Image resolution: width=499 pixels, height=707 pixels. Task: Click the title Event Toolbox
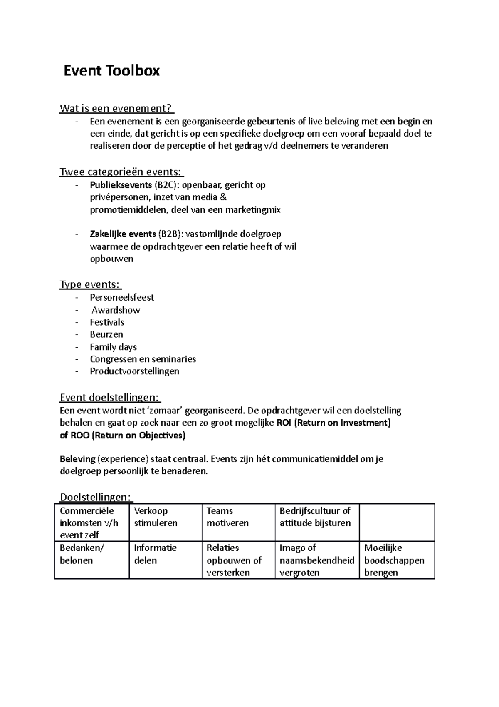[x=111, y=71]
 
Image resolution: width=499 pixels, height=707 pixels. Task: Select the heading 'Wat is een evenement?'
[x=116, y=109]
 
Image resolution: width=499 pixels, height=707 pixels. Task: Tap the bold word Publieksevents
[x=121, y=185]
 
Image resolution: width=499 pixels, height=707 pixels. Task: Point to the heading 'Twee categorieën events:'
[x=121, y=172]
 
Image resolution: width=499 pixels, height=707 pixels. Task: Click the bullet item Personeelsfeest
[x=122, y=298]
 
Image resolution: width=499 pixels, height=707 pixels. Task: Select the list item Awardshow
[x=116, y=310]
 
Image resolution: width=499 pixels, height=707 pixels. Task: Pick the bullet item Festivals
[x=107, y=322]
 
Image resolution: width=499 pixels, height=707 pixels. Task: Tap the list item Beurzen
[x=106, y=334]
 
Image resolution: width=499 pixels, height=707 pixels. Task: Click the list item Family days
[x=113, y=347]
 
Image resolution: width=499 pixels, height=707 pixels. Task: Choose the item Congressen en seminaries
[x=143, y=359]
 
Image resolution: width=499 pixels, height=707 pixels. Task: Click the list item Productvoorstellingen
[x=134, y=371]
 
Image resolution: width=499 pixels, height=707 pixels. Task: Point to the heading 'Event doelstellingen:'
[x=110, y=398]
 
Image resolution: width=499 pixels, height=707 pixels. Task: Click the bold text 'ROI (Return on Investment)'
[x=333, y=423]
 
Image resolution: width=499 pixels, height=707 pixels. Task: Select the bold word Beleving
[x=78, y=459]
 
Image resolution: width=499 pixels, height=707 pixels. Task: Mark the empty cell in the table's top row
[x=396, y=522]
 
